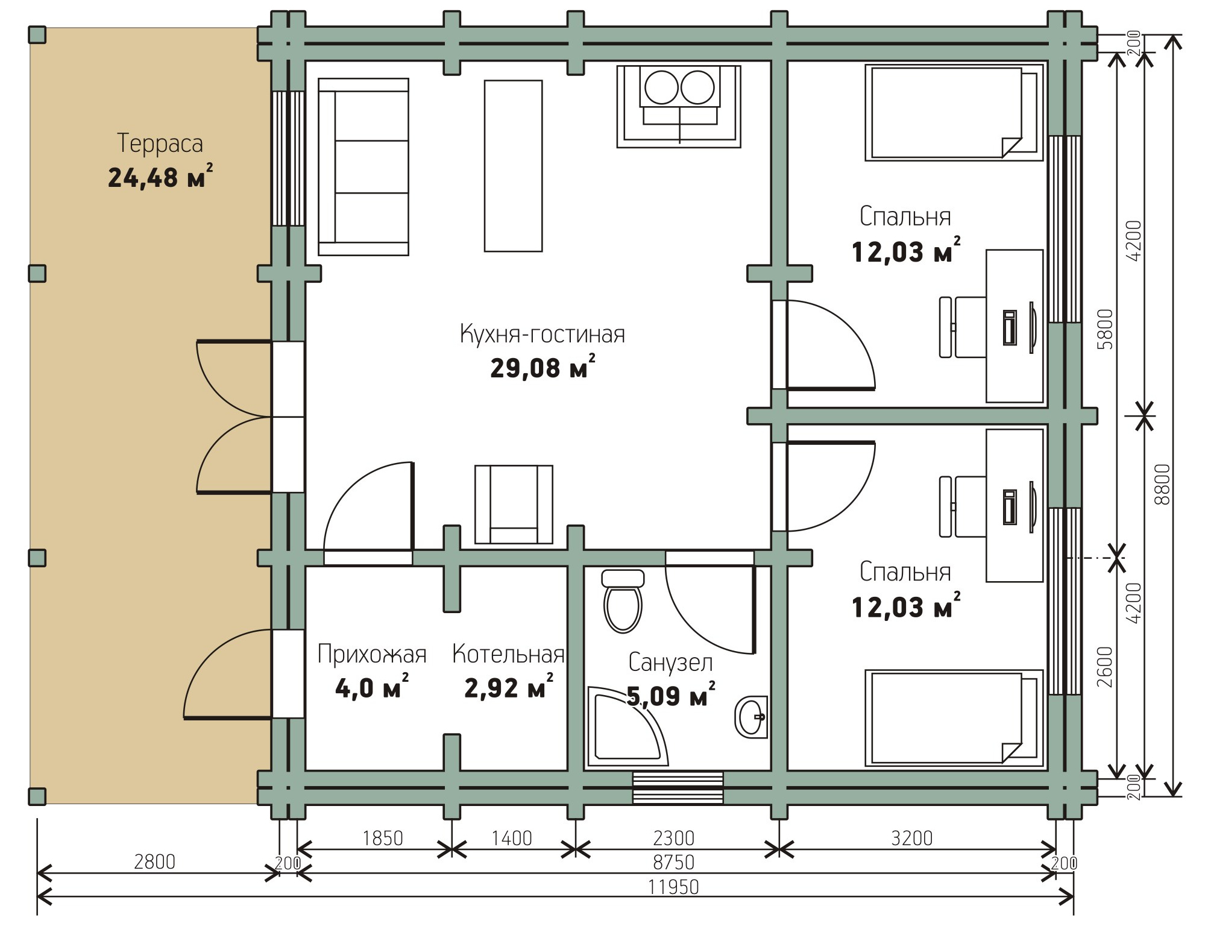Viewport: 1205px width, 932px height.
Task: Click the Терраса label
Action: tap(160, 144)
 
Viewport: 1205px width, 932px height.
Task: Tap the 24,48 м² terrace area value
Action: tap(160, 177)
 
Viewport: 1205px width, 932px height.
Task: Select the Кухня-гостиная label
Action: tap(543, 333)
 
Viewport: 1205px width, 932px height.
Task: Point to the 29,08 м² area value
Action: tap(543, 367)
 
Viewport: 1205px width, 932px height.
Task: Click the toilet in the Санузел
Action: tap(623, 600)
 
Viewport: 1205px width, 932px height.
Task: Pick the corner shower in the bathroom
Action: tap(627, 726)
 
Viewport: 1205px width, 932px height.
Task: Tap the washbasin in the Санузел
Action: tap(751, 717)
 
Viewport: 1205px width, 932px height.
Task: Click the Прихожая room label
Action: tap(372, 654)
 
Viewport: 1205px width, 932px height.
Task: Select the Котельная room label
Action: tap(508, 654)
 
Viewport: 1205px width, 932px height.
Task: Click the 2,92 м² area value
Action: tap(509, 687)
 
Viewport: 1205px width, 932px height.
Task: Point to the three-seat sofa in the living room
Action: tap(363, 167)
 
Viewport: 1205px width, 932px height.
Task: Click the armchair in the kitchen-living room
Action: tap(514, 505)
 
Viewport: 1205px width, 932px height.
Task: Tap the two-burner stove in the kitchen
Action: tap(679, 106)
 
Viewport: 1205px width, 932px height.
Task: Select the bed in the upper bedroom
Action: tap(954, 113)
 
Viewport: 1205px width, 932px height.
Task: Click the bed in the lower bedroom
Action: tap(954, 718)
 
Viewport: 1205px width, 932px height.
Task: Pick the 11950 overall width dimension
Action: tap(673, 887)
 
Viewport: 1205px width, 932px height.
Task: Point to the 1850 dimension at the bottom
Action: tap(383, 838)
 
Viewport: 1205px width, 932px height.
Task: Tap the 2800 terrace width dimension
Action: tap(154, 862)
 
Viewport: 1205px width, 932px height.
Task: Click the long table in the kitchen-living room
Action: tap(513, 166)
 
